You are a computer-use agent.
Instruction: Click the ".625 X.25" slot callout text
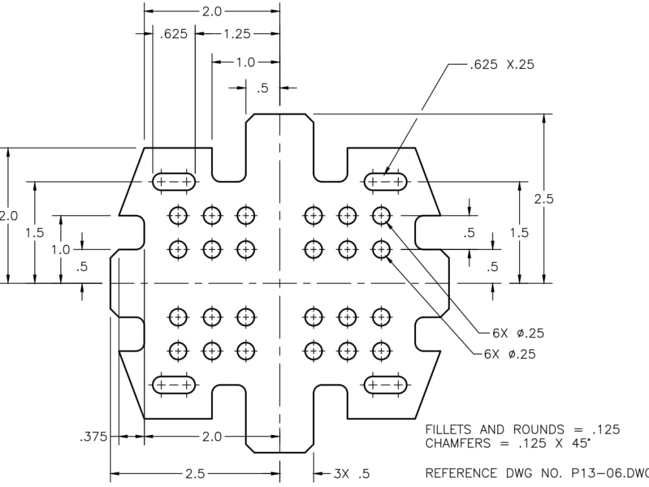502,64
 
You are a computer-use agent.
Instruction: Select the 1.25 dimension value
237,34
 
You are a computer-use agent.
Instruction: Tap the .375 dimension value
92,437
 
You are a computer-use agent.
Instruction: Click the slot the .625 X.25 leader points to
386,182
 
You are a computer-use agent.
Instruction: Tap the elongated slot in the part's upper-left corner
175,182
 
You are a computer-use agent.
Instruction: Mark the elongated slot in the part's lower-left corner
175,385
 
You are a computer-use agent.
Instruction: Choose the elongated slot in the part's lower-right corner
386,385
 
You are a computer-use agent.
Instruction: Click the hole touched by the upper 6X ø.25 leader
381,215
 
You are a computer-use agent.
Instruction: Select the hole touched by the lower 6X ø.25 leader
381,248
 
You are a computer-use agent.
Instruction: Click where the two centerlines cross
280,283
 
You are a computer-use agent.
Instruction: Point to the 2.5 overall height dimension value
544,199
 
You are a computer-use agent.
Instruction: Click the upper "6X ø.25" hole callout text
517,333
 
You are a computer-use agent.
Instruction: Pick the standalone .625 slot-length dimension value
174,34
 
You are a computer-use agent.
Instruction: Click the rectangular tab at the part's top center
280,140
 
